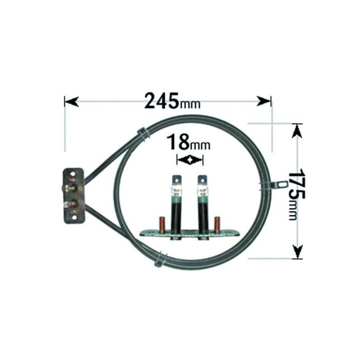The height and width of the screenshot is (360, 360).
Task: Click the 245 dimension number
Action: [161, 101]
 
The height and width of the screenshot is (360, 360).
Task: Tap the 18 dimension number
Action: [178, 142]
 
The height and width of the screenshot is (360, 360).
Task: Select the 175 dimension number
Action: [296, 184]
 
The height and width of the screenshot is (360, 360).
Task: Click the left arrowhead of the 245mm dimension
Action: [71, 101]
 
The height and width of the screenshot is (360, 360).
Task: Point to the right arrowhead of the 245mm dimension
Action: [264, 101]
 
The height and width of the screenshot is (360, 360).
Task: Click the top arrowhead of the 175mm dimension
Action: [297, 131]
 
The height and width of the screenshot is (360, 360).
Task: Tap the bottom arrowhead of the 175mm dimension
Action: [297, 251]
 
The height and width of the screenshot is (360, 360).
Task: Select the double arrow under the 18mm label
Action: [190, 160]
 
